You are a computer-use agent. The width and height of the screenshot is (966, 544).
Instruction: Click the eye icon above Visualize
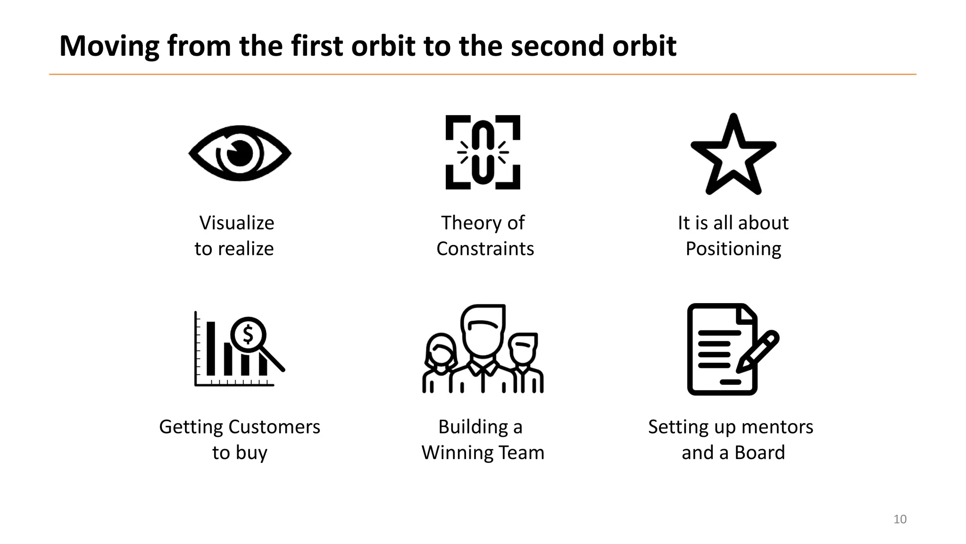(240, 153)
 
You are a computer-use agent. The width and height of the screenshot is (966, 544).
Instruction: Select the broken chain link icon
(483, 152)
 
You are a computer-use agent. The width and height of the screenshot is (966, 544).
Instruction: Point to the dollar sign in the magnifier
(248, 335)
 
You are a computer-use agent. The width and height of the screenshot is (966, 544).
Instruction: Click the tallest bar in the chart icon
(211, 348)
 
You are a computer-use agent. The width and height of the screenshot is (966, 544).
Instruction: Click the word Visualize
(236, 223)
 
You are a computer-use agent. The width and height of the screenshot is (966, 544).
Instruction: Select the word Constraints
(485, 249)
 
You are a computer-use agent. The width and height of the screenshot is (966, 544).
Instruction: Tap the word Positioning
(733, 249)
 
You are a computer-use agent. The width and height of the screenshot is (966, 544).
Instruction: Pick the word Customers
(273, 427)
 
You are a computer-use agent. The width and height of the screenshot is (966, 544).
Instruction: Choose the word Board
(759, 453)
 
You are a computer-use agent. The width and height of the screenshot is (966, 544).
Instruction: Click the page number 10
(899, 519)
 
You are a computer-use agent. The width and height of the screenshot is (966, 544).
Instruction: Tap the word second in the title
(555, 46)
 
